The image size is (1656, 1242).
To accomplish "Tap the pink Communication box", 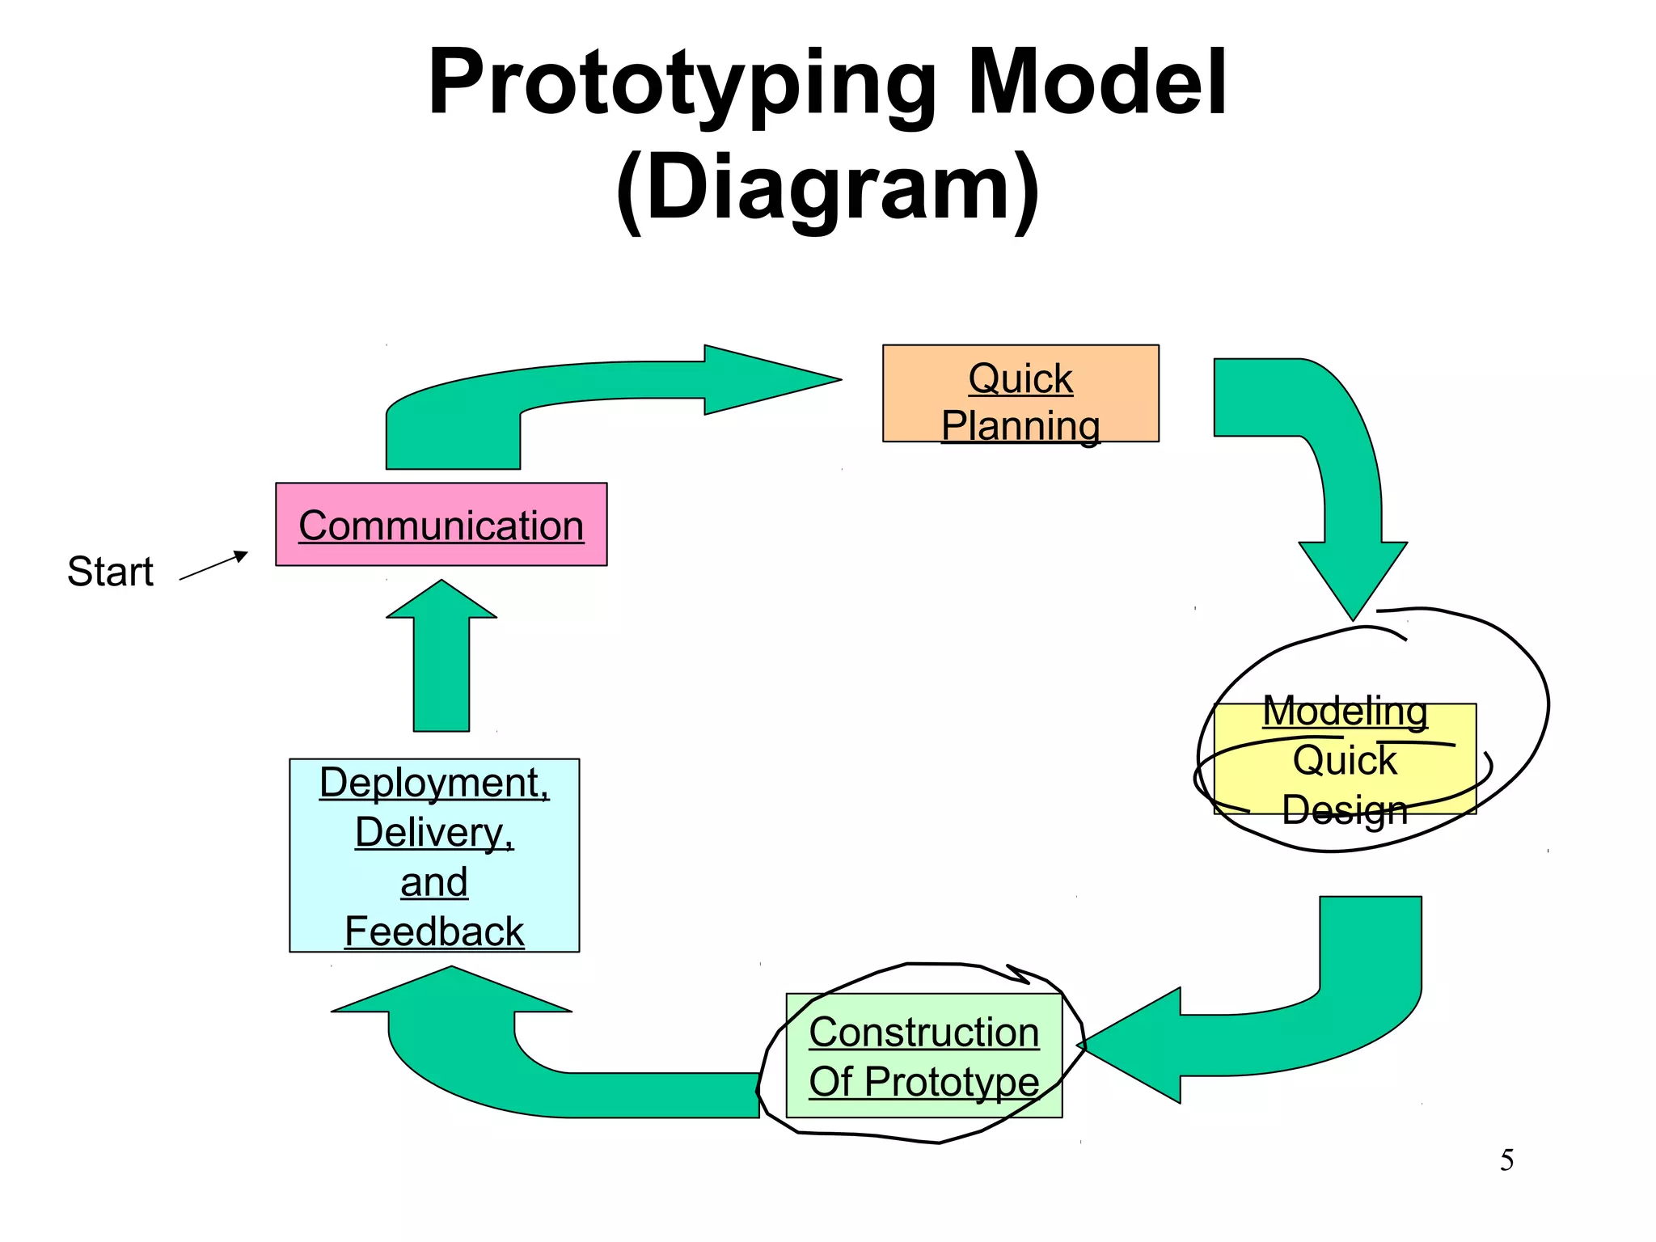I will (x=441, y=525).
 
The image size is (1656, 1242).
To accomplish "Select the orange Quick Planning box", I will (x=1020, y=394).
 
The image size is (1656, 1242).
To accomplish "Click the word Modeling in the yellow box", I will (x=1345, y=712).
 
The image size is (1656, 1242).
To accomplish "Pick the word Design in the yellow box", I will (x=1345, y=809).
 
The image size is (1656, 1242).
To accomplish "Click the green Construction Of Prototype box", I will (x=923, y=1056).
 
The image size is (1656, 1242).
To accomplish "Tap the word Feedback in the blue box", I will (x=434, y=931).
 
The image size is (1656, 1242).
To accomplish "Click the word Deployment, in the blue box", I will (x=434, y=783).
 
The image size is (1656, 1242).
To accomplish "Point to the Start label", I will (x=110, y=572).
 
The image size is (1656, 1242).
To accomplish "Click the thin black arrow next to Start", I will (x=213, y=566).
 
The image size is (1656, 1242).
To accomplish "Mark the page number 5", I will (x=1506, y=1160).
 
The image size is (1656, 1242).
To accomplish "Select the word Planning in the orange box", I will (x=1020, y=425).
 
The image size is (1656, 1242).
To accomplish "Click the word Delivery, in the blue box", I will (x=434, y=833).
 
